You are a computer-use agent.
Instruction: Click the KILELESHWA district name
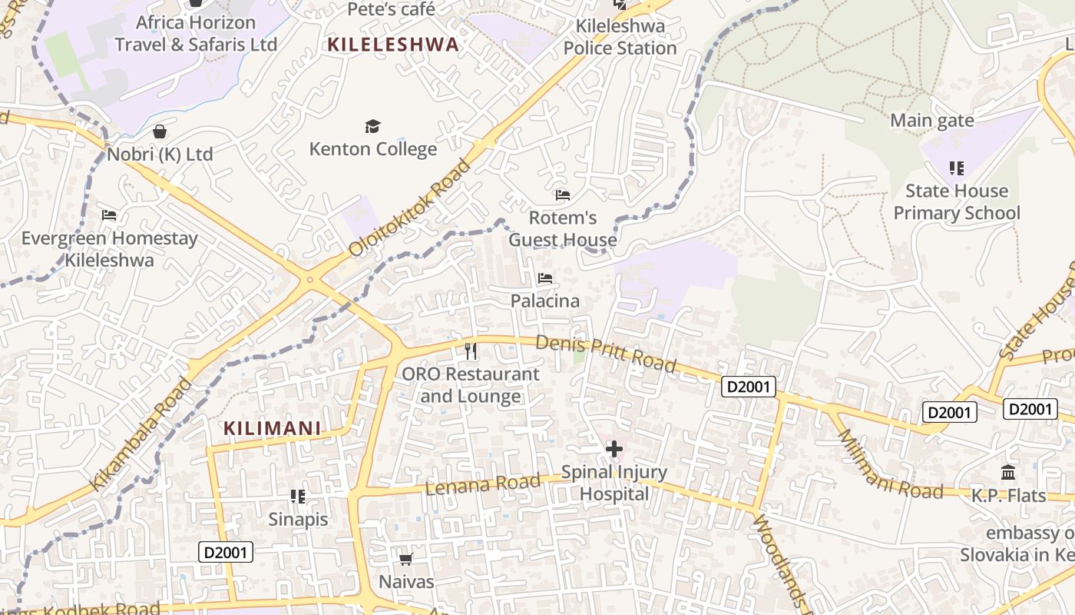coord(393,45)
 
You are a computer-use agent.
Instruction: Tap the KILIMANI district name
coord(272,428)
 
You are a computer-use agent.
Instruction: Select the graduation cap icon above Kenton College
coord(372,126)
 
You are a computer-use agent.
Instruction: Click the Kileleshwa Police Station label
coord(620,37)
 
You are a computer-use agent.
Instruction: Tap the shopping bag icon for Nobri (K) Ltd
coord(160,132)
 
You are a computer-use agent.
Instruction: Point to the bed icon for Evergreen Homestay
coord(109,215)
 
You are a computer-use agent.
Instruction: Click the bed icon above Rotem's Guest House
coord(563,195)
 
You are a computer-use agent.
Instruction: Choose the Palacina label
coord(545,301)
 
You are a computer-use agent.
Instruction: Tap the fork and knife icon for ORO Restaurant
coord(471,351)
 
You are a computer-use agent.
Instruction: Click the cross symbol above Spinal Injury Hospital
coord(614,449)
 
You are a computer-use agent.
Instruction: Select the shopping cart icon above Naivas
coord(406,559)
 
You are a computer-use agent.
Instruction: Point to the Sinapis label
coord(298,519)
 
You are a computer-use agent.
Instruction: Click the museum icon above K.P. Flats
coord(1008,472)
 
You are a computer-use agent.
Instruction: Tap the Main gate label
coord(932,121)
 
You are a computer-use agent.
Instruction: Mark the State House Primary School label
coord(957,201)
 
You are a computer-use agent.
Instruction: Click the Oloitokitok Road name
coord(409,208)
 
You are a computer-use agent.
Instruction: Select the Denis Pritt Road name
coord(606,354)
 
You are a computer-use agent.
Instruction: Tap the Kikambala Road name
coord(143,434)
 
